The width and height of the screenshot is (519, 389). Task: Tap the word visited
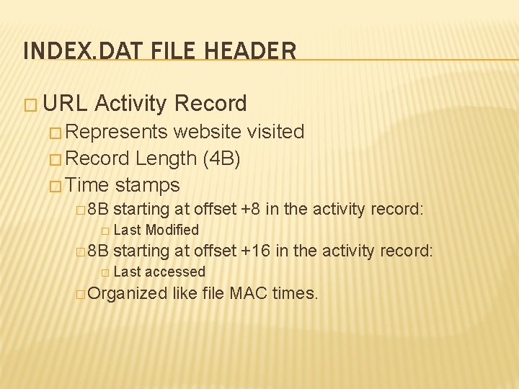[x=275, y=132]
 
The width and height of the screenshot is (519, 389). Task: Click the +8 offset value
[x=251, y=210]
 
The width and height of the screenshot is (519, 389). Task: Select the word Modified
[x=172, y=230]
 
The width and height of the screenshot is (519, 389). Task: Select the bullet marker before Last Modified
[x=105, y=231]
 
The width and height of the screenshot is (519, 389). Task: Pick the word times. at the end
[x=295, y=293]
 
